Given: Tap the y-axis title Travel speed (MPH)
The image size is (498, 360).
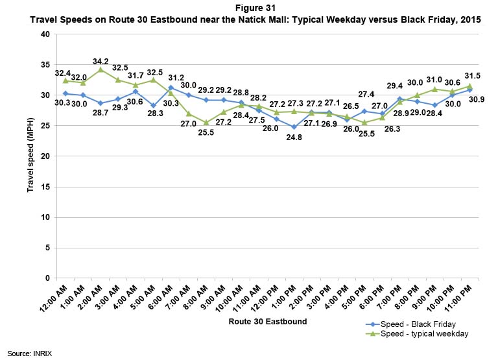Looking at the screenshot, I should (30, 156).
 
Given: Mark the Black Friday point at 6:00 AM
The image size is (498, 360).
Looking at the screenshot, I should (171, 88).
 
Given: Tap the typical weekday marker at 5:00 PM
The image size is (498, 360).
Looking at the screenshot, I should (364, 123).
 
